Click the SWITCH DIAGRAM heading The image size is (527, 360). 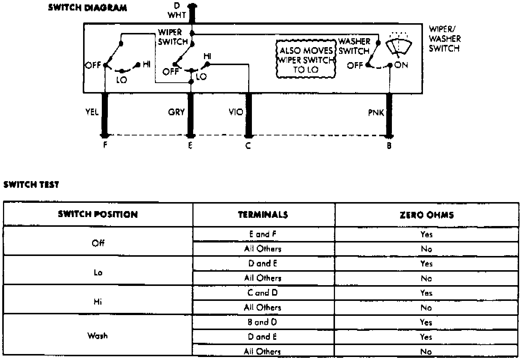click(x=87, y=7)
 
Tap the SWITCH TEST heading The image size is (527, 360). click(x=31, y=184)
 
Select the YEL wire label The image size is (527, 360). click(x=92, y=112)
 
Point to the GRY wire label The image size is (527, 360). click(x=176, y=112)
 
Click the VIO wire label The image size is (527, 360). click(x=236, y=112)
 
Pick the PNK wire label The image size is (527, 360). click(x=376, y=112)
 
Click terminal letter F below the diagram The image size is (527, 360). click(x=105, y=145)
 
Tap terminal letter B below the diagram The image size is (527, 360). click(x=389, y=146)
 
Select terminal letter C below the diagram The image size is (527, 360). click(x=248, y=146)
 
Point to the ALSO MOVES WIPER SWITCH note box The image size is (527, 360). click(x=306, y=59)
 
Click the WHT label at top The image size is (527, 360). click(x=177, y=15)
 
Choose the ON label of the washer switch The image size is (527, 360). click(x=401, y=65)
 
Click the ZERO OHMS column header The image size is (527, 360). click(x=426, y=215)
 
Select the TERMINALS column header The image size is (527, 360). click(x=263, y=214)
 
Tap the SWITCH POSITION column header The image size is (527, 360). click(x=98, y=214)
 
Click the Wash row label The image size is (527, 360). click(x=98, y=336)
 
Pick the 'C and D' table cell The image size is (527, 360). click(x=263, y=293)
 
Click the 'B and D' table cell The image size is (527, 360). click(x=263, y=322)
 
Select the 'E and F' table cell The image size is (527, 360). click(x=263, y=234)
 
